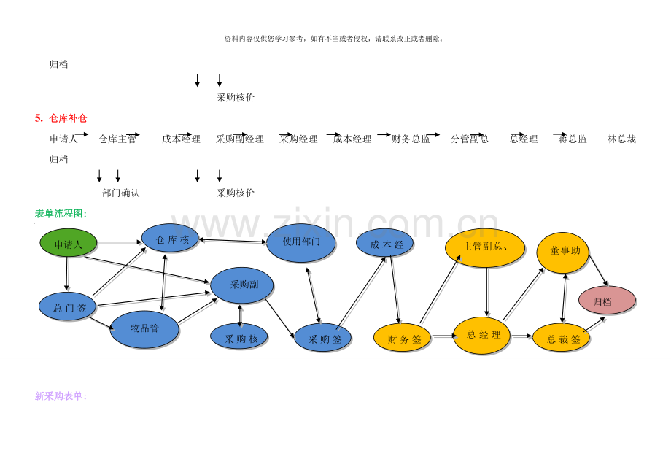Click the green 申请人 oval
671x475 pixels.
click(x=69, y=243)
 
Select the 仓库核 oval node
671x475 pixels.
click(x=170, y=239)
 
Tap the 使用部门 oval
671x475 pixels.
click(x=301, y=243)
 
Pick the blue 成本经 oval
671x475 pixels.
click(x=384, y=244)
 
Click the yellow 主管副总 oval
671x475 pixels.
click(x=485, y=248)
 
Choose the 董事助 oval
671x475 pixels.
click(x=562, y=252)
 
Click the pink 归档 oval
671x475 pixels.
click(x=607, y=301)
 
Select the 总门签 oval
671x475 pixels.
click(x=68, y=306)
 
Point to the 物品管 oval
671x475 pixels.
click(x=144, y=329)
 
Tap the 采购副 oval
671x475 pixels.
click(x=242, y=285)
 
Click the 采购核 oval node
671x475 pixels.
click(x=239, y=337)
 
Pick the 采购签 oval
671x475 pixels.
click(x=323, y=338)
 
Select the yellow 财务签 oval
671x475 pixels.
click(x=403, y=338)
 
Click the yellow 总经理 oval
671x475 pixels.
click(x=482, y=336)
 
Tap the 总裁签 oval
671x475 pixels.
click(x=561, y=338)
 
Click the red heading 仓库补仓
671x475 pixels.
click(x=68, y=118)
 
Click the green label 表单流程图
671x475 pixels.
click(x=61, y=214)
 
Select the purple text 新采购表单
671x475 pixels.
click(x=61, y=396)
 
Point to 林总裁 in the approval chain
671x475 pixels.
click(x=621, y=139)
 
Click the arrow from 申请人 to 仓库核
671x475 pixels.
click(x=119, y=242)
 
